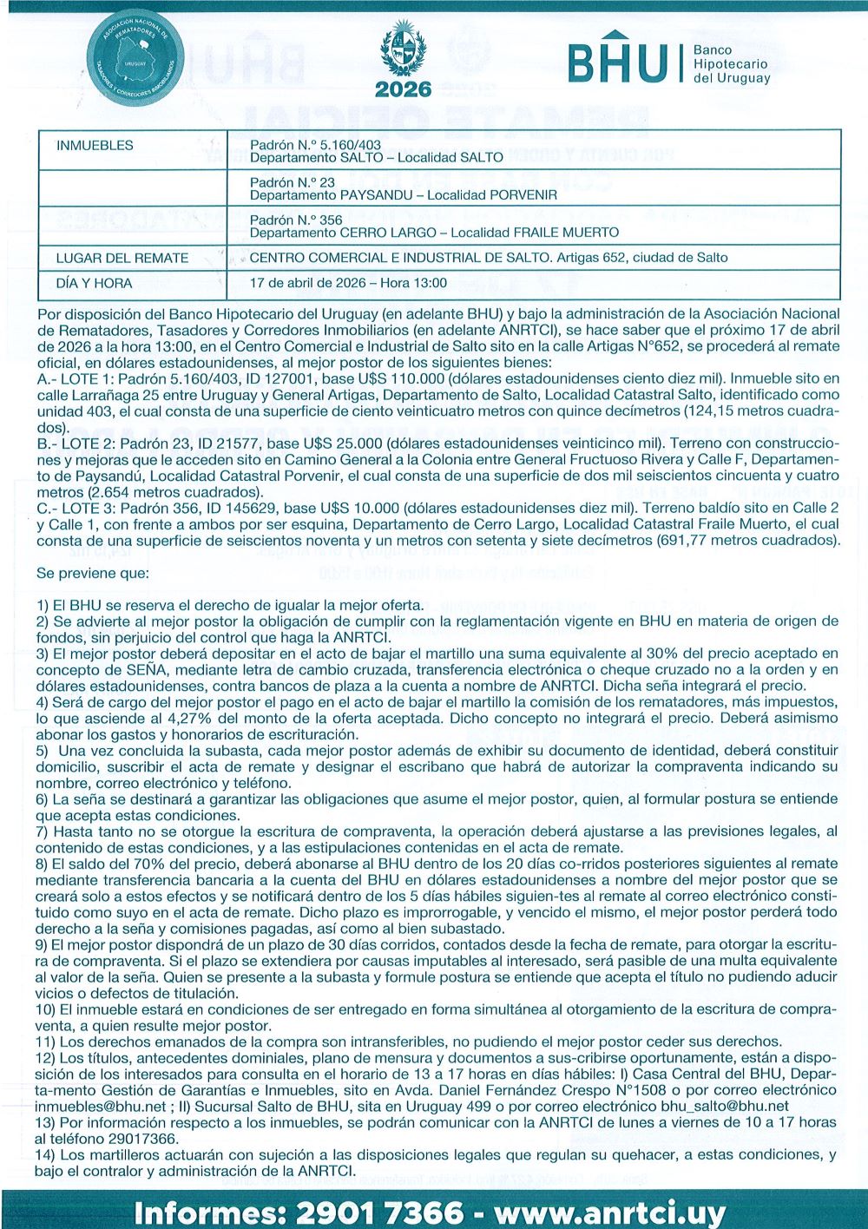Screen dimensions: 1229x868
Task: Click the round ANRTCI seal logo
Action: (x=135, y=57)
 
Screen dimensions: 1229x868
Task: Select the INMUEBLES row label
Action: (x=95, y=146)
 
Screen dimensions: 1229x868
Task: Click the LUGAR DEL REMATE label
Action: (x=122, y=258)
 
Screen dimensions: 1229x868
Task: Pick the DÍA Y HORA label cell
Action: (x=94, y=283)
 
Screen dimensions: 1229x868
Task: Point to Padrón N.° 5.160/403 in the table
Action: (x=315, y=145)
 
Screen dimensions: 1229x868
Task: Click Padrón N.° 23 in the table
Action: (x=293, y=182)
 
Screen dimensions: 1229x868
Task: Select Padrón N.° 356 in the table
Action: (x=296, y=220)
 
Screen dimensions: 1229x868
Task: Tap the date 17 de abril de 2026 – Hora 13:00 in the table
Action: (x=348, y=283)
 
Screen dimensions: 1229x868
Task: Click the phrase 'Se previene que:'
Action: (x=93, y=573)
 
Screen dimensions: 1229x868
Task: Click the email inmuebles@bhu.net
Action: (x=100, y=1106)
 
